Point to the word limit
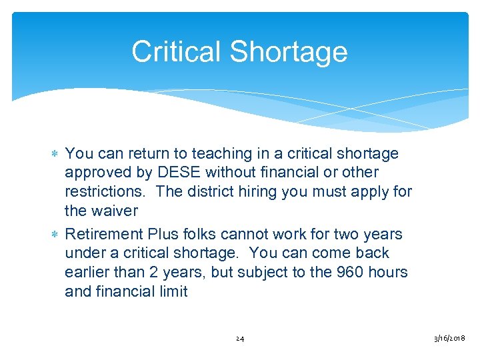tap(173, 292)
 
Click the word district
tap(216, 192)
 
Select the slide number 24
tap(240, 339)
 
